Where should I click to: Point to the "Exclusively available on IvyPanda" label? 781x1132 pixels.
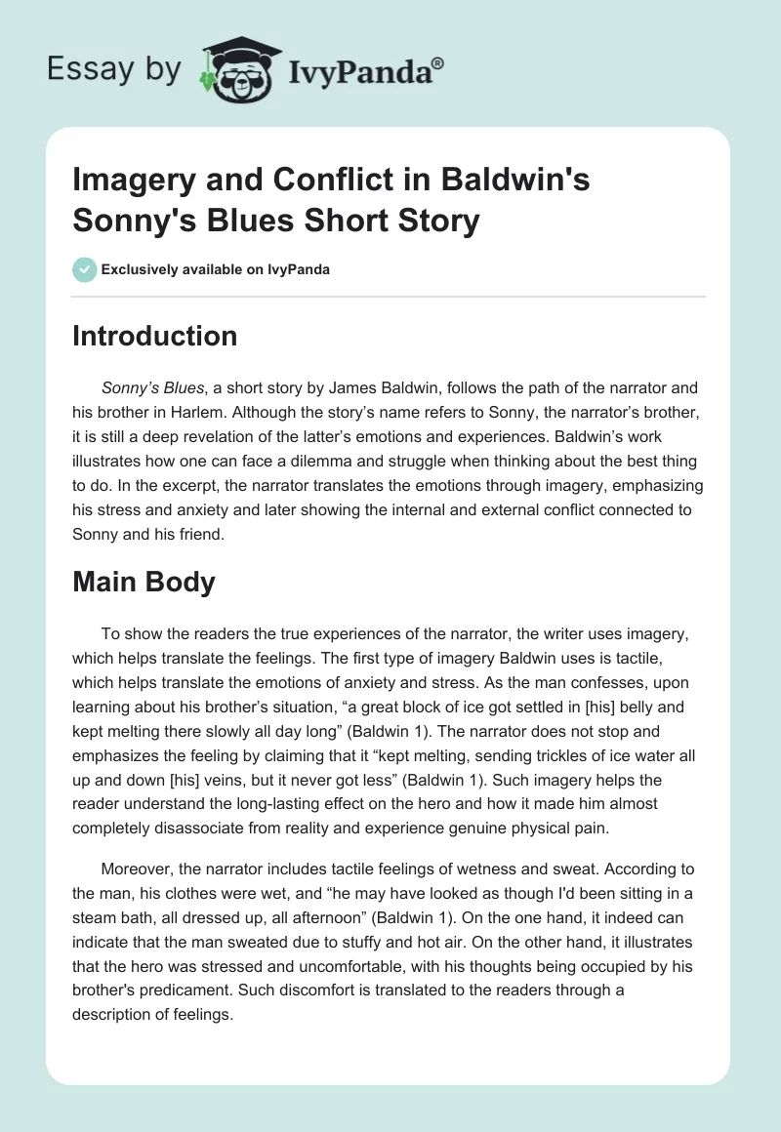[214, 269]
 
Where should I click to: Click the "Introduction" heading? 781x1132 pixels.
[155, 336]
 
